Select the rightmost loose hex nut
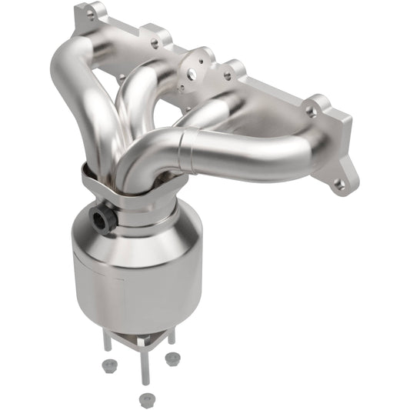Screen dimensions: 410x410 173,358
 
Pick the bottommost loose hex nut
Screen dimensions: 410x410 144,398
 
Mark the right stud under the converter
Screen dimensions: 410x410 170,338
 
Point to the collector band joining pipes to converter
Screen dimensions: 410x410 123,188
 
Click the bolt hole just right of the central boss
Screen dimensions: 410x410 226,75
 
